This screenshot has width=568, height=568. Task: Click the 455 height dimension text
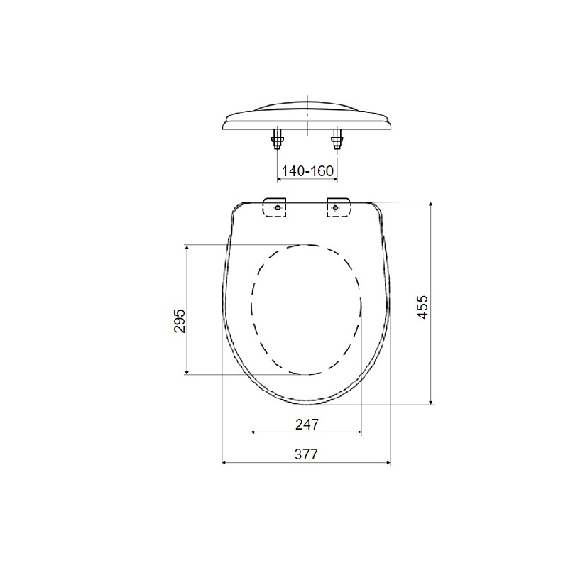tap(422, 305)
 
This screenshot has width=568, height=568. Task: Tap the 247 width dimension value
tap(306, 424)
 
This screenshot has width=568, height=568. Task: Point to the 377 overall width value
tap(306, 454)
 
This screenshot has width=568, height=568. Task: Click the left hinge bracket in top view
tap(275, 207)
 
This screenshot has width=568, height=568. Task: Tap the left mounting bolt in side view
tap(276, 140)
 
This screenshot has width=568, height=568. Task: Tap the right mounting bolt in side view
tap(337, 140)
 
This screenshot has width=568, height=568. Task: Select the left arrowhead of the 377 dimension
tap(226, 462)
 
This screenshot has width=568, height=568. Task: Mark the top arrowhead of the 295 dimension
tap(187, 248)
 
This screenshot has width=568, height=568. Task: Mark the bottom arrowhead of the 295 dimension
tap(187, 371)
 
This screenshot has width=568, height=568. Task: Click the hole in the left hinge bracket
tap(277, 207)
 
